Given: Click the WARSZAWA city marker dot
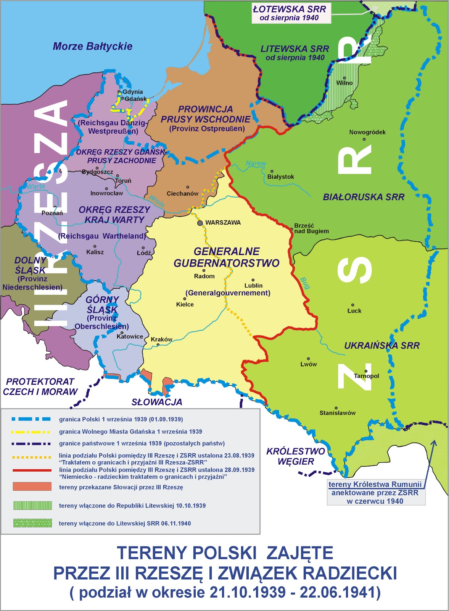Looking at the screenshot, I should click(200, 223).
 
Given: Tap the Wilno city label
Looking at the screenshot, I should click(344, 83).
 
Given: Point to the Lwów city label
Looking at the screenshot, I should click(309, 364).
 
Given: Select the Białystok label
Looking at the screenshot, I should click(281, 177).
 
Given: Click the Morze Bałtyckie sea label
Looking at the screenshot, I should click(92, 47).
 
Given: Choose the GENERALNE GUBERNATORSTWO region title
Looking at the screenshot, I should click(227, 257).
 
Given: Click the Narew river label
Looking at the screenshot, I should click(256, 163).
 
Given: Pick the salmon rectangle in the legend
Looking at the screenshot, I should click(32, 487).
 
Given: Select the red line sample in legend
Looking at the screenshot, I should click(32, 470).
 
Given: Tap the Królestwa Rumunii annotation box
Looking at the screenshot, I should click(375, 493).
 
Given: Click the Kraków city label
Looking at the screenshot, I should click(161, 339).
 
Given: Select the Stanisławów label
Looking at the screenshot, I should click(338, 413).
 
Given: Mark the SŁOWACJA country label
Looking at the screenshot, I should click(157, 402).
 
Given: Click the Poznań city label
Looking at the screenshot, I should click(52, 213).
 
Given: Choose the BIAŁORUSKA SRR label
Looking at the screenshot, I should click(364, 197).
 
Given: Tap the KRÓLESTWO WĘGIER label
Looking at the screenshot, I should click(296, 456).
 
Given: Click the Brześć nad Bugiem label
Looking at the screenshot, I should click(311, 228).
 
